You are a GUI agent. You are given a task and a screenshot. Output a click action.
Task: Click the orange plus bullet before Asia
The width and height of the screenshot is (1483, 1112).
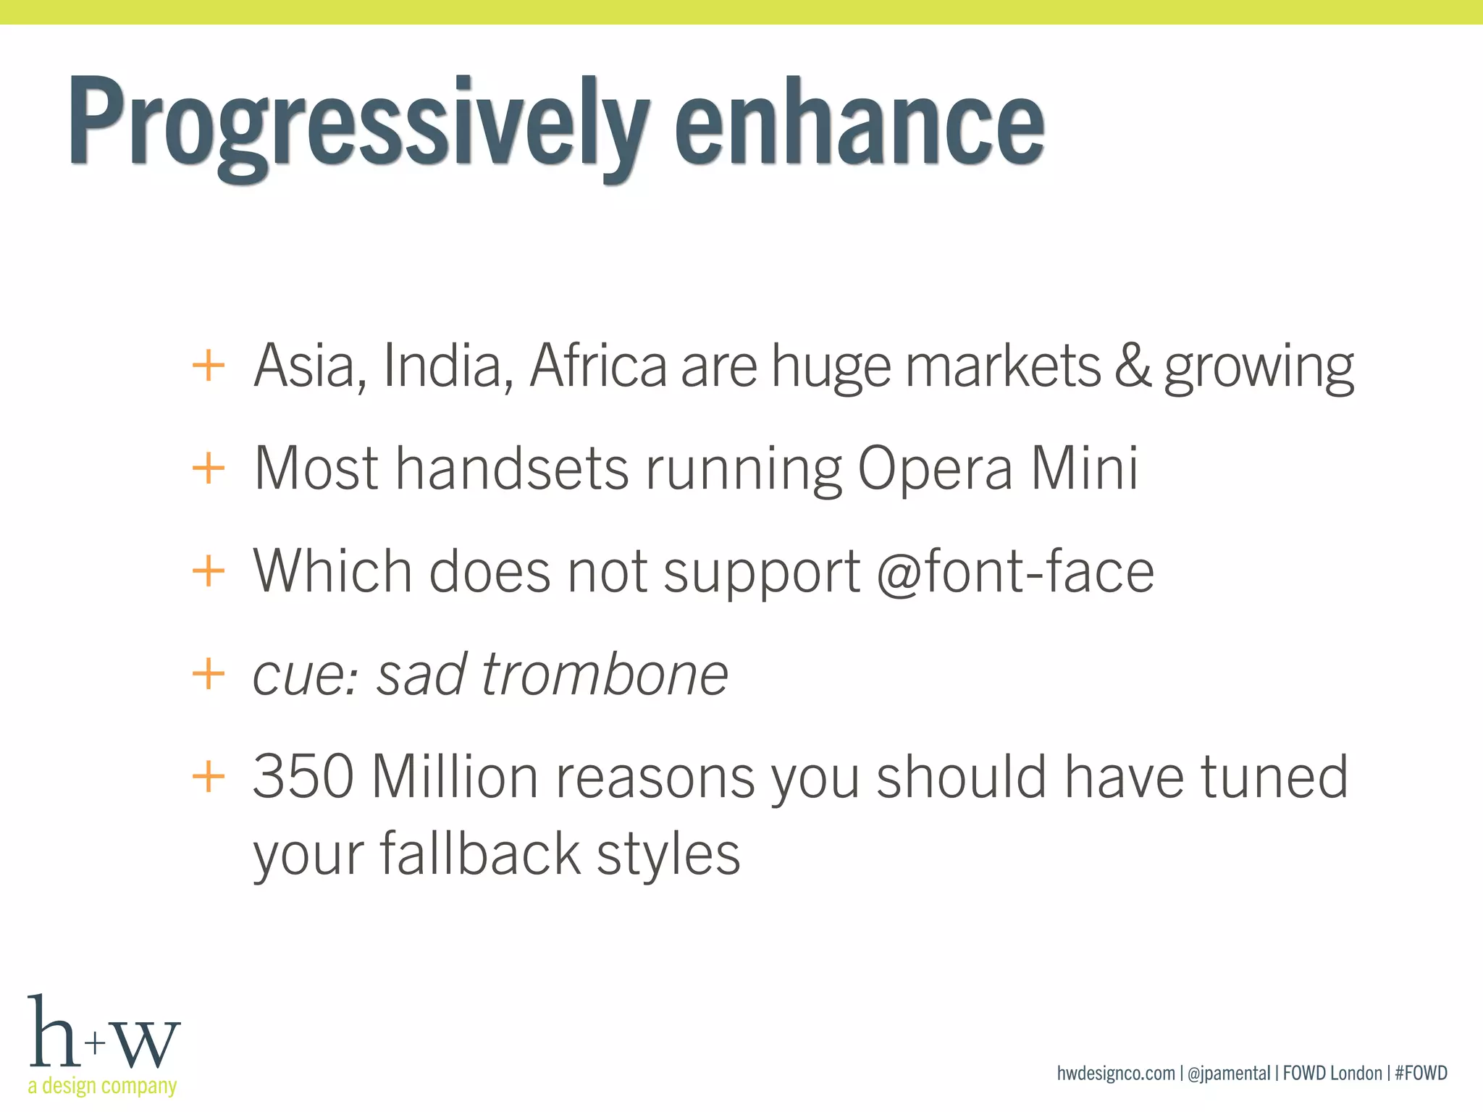click(x=209, y=366)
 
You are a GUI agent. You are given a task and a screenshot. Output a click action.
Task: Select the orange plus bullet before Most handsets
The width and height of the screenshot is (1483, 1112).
click(x=209, y=468)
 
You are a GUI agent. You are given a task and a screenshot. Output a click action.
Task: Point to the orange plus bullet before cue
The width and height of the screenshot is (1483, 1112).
click(x=209, y=674)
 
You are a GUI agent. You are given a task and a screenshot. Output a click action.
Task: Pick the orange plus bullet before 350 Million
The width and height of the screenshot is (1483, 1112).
click(x=209, y=777)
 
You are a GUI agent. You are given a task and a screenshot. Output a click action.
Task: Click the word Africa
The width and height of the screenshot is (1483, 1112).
click(x=598, y=366)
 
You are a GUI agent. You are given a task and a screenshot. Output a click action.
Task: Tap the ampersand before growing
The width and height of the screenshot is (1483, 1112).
click(x=1133, y=366)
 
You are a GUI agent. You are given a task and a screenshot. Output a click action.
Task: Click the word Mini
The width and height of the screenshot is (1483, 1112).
click(x=1084, y=468)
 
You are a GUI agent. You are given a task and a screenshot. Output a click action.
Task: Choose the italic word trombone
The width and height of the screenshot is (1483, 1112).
click(x=604, y=675)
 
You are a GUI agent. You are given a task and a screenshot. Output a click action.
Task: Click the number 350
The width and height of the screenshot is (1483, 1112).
click(x=303, y=777)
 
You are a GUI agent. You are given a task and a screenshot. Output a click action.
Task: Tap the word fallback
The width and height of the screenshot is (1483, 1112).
click(x=479, y=854)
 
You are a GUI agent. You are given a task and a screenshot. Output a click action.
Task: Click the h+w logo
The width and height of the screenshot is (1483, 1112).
click(x=103, y=1033)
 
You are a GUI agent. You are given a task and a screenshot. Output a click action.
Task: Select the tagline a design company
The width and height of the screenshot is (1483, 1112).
click(x=102, y=1086)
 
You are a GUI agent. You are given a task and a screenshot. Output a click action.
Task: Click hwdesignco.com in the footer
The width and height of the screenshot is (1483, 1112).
click(x=1116, y=1073)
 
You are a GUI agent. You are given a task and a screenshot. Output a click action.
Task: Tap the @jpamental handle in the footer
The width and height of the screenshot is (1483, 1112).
click(x=1229, y=1073)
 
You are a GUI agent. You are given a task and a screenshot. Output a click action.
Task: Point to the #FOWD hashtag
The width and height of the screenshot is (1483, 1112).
click(x=1421, y=1073)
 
